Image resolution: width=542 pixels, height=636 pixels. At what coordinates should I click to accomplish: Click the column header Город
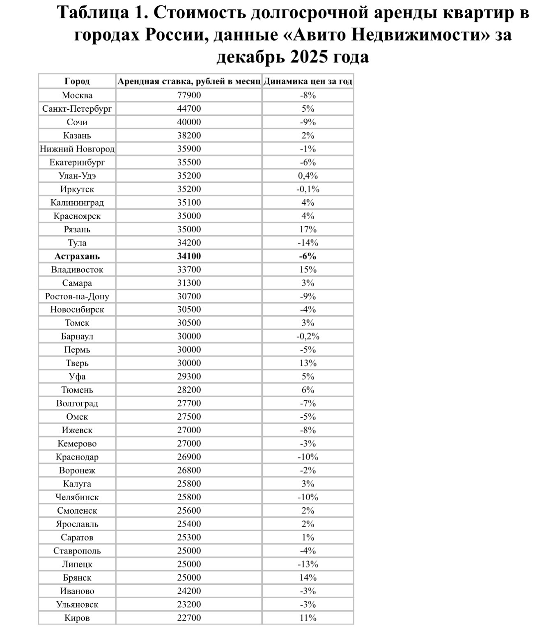77,81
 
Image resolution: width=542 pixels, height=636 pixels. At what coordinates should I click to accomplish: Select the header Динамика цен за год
308,81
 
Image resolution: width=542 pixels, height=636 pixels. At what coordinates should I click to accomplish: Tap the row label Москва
77,95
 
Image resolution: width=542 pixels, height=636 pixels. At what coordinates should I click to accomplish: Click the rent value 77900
189,95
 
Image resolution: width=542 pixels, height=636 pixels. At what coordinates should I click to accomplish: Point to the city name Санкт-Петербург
77,109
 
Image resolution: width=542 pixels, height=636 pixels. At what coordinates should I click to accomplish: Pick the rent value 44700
189,109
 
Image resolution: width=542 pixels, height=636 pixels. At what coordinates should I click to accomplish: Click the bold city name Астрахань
77,256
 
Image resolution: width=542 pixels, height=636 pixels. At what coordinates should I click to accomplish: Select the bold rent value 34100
189,256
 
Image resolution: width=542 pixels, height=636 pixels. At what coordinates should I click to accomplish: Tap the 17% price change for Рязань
308,230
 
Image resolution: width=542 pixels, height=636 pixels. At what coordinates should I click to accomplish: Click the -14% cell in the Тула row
308,243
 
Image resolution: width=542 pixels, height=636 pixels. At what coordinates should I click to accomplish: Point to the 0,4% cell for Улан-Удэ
308,176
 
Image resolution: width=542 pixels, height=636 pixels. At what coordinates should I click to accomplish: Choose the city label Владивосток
77,270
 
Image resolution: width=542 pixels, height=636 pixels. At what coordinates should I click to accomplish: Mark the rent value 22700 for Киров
189,618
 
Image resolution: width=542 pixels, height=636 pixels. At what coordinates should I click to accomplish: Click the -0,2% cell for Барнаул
308,337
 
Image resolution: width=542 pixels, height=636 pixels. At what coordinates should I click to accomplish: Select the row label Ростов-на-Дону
77,296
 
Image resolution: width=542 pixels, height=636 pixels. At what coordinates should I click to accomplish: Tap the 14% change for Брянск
308,578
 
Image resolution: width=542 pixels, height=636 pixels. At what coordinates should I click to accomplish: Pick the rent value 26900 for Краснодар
189,457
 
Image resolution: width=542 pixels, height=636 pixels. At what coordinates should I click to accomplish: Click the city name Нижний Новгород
77,149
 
